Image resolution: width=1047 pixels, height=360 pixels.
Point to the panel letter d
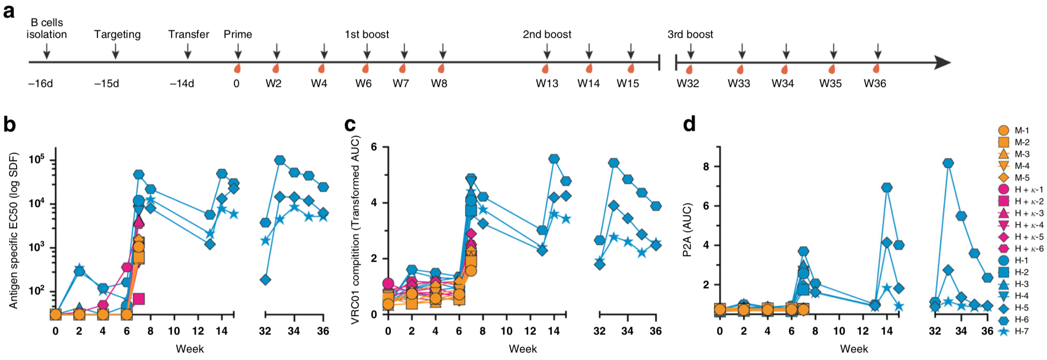pyautogui.click(x=689, y=124)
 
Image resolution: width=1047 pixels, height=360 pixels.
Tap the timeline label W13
pyautogui.click(x=547, y=84)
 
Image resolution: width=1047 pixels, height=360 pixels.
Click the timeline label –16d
pyautogui.click(x=40, y=84)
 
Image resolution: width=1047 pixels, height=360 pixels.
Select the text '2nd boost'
pyautogui.click(x=547, y=34)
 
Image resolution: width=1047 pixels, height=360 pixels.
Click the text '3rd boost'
pyautogui.click(x=690, y=34)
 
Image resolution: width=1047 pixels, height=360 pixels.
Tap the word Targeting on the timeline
pyautogui.click(x=117, y=34)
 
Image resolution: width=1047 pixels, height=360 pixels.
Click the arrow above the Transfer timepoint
pyautogui.click(x=188, y=51)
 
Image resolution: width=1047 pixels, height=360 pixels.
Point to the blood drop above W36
pyautogui.click(x=876, y=69)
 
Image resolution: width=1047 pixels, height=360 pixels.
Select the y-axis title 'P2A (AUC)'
pyautogui.click(x=687, y=230)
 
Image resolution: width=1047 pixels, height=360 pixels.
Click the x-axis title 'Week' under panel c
pyautogui.click(x=523, y=349)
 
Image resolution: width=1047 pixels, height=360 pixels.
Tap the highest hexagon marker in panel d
pyautogui.click(x=948, y=163)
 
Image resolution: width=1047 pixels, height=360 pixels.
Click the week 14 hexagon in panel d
pyautogui.click(x=887, y=188)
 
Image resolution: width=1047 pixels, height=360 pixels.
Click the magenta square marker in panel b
pyautogui.click(x=138, y=299)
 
